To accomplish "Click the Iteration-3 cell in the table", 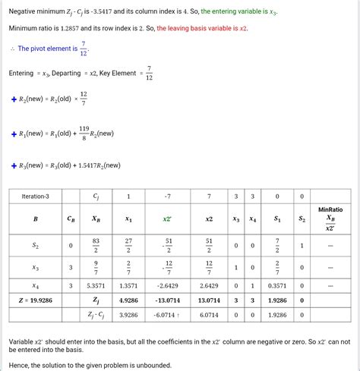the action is click(36, 196).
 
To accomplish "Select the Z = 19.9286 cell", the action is click(36, 300).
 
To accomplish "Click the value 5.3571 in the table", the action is click(96, 286).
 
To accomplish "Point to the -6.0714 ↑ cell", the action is click(168, 314).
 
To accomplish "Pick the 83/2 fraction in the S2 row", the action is click(96, 245).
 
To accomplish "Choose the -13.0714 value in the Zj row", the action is click(167, 300).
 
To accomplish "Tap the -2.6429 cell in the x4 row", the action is click(167, 286).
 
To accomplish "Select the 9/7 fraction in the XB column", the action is click(96, 266).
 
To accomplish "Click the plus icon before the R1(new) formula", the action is click(14, 134).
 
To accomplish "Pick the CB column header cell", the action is click(71, 219).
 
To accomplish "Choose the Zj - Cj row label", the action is click(96, 314).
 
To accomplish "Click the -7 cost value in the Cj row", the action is click(167, 196).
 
